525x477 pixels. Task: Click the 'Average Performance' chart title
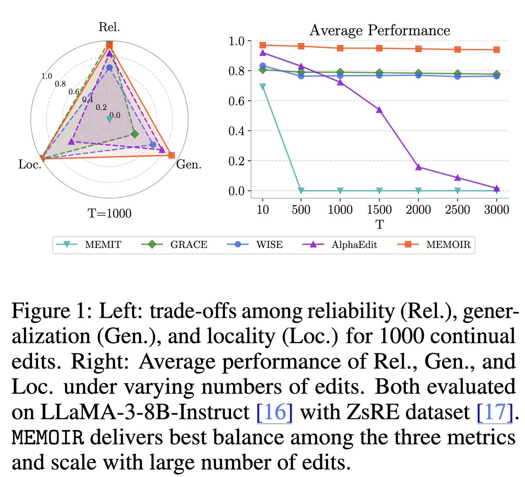[x=379, y=30]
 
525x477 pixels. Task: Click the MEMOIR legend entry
[x=448, y=245]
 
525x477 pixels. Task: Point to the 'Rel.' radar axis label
[x=109, y=27]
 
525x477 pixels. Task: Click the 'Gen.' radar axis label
[x=189, y=165]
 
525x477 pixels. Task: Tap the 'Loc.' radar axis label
[x=30, y=165]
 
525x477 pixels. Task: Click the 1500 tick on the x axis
[x=379, y=209]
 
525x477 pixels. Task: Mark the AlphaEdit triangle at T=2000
[x=419, y=167]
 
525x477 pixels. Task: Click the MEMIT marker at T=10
[x=262, y=87]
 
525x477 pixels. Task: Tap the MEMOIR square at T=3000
[x=497, y=50]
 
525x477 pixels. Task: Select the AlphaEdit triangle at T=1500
[x=379, y=110]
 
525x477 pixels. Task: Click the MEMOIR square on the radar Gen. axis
[x=171, y=155]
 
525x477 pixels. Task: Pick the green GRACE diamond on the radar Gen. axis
[x=135, y=134]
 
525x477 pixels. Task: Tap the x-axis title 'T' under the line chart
[x=379, y=225]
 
